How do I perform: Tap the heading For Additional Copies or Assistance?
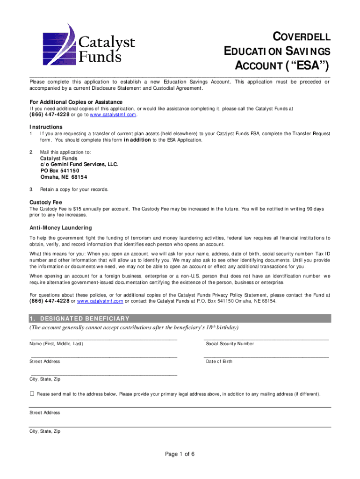coord(76,102)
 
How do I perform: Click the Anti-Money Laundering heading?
coord(61,228)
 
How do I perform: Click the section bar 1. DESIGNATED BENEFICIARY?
coord(180,319)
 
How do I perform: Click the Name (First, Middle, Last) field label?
coord(57,344)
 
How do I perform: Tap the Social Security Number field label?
coord(230,344)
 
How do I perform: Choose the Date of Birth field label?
coord(219,362)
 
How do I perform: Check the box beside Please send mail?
coord(32,394)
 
